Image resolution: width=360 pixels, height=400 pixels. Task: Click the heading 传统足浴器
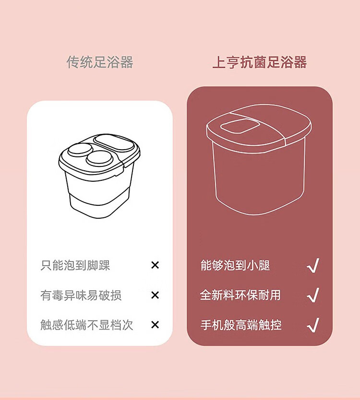coord(100,62)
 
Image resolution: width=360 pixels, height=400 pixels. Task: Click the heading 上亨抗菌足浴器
coord(259,62)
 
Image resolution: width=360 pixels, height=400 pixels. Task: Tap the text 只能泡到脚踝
coord(75,265)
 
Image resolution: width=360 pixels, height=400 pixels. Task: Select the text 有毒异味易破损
coord(81,295)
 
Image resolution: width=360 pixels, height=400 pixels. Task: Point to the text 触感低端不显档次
coord(87,325)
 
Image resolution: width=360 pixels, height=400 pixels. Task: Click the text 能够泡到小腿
coord(235,265)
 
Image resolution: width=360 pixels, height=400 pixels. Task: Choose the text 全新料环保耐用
coord(240,295)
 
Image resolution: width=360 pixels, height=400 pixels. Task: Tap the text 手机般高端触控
coord(241,325)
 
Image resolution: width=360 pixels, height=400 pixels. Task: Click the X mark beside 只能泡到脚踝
coord(155,265)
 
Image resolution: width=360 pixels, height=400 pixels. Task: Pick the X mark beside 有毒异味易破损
coord(155,295)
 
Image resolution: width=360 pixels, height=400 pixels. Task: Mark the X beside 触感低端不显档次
coord(155,325)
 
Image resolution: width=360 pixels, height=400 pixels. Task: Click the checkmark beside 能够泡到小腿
coord(313,265)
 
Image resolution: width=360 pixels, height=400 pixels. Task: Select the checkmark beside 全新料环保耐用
coord(313,295)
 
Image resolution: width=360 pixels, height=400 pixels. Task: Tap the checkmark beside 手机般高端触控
coord(313,325)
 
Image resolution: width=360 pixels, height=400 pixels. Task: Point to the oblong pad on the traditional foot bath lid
coord(114,143)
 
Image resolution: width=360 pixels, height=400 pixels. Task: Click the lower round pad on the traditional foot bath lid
coord(99,158)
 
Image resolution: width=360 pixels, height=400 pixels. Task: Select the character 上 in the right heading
coord(218,62)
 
